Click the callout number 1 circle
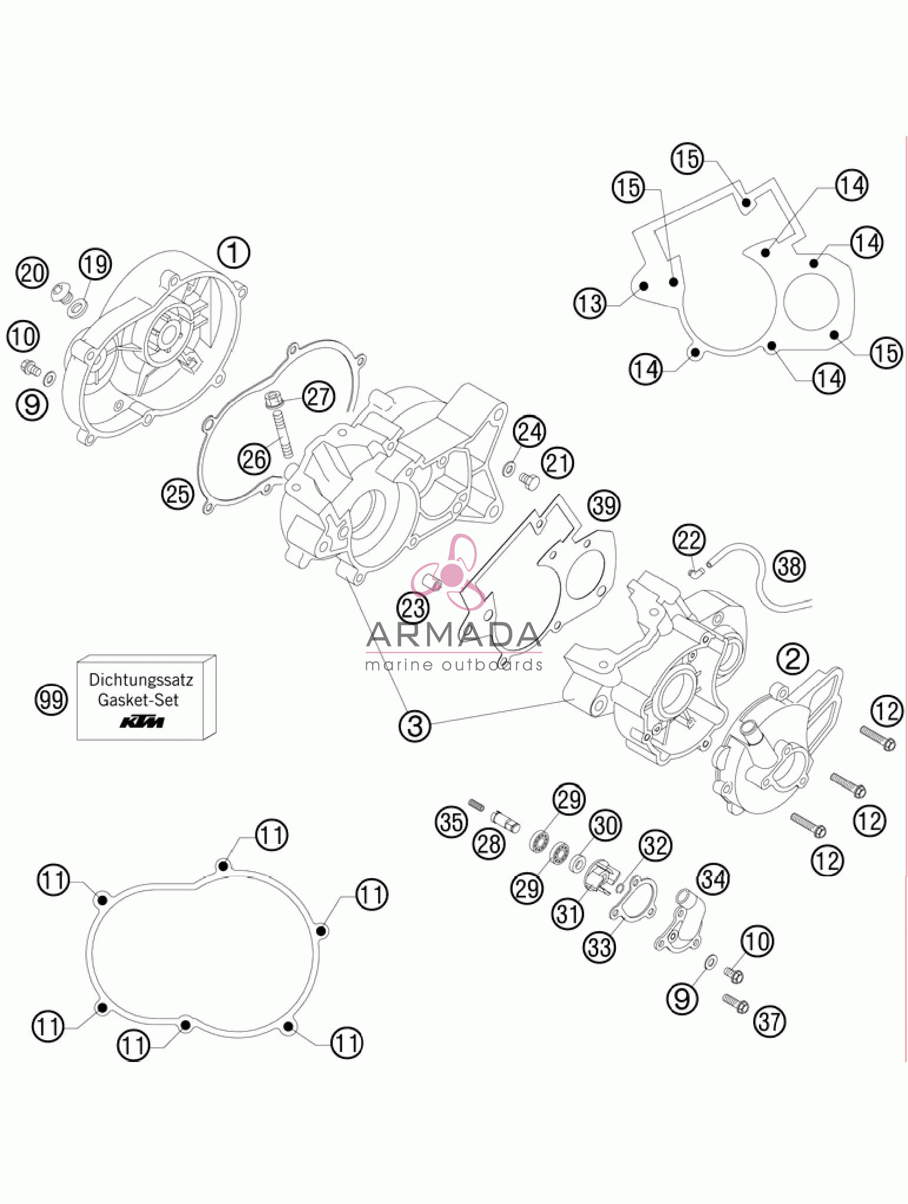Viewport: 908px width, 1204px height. [x=234, y=252]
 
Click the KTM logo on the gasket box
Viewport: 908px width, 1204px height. [x=142, y=722]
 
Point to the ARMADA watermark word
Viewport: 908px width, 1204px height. [x=453, y=635]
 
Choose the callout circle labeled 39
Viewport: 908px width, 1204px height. [x=604, y=505]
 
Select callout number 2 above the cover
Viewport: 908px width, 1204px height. [x=793, y=658]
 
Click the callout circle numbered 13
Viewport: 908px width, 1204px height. [x=589, y=304]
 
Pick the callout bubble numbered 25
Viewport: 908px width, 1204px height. [x=177, y=493]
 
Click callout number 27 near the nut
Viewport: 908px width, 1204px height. [x=319, y=396]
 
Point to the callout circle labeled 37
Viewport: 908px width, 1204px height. [x=770, y=1021]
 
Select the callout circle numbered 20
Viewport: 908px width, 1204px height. [x=32, y=273]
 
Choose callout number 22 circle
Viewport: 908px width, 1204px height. [x=689, y=540]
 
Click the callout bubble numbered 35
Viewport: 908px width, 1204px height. [x=452, y=821]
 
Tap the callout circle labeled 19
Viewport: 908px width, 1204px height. [x=95, y=263]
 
